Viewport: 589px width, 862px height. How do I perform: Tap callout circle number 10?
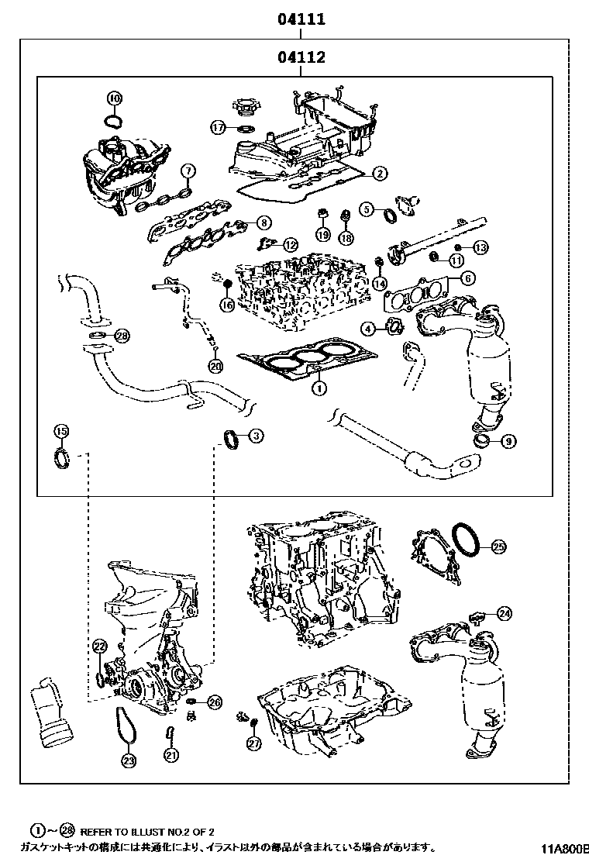[114, 98]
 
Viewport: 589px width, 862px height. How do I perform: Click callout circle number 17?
[219, 127]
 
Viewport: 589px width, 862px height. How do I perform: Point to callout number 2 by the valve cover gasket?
[378, 174]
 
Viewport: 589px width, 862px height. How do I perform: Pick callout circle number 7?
[187, 171]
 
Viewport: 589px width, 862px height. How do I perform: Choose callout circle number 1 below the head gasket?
[317, 385]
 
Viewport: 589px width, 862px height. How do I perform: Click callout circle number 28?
[122, 336]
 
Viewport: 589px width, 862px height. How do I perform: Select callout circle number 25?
[498, 547]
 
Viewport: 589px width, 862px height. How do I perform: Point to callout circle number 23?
[128, 760]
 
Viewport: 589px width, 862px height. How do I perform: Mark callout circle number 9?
[508, 442]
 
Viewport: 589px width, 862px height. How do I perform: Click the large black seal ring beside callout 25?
[465, 540]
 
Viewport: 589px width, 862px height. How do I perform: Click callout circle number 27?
[253, 743]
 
